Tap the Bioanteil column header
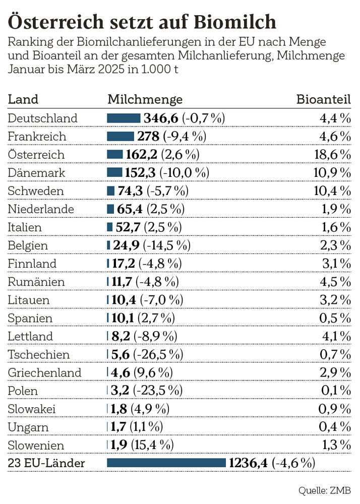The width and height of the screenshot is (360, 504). [323, 99]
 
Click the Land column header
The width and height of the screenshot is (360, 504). [23, 99]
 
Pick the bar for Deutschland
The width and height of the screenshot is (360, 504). [124, 118]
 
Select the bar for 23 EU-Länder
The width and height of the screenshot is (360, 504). [167, 463]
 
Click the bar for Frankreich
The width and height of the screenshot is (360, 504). [121, 136]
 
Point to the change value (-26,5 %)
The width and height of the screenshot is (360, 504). [158, 354]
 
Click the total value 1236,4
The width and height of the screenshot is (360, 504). [249, 463]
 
